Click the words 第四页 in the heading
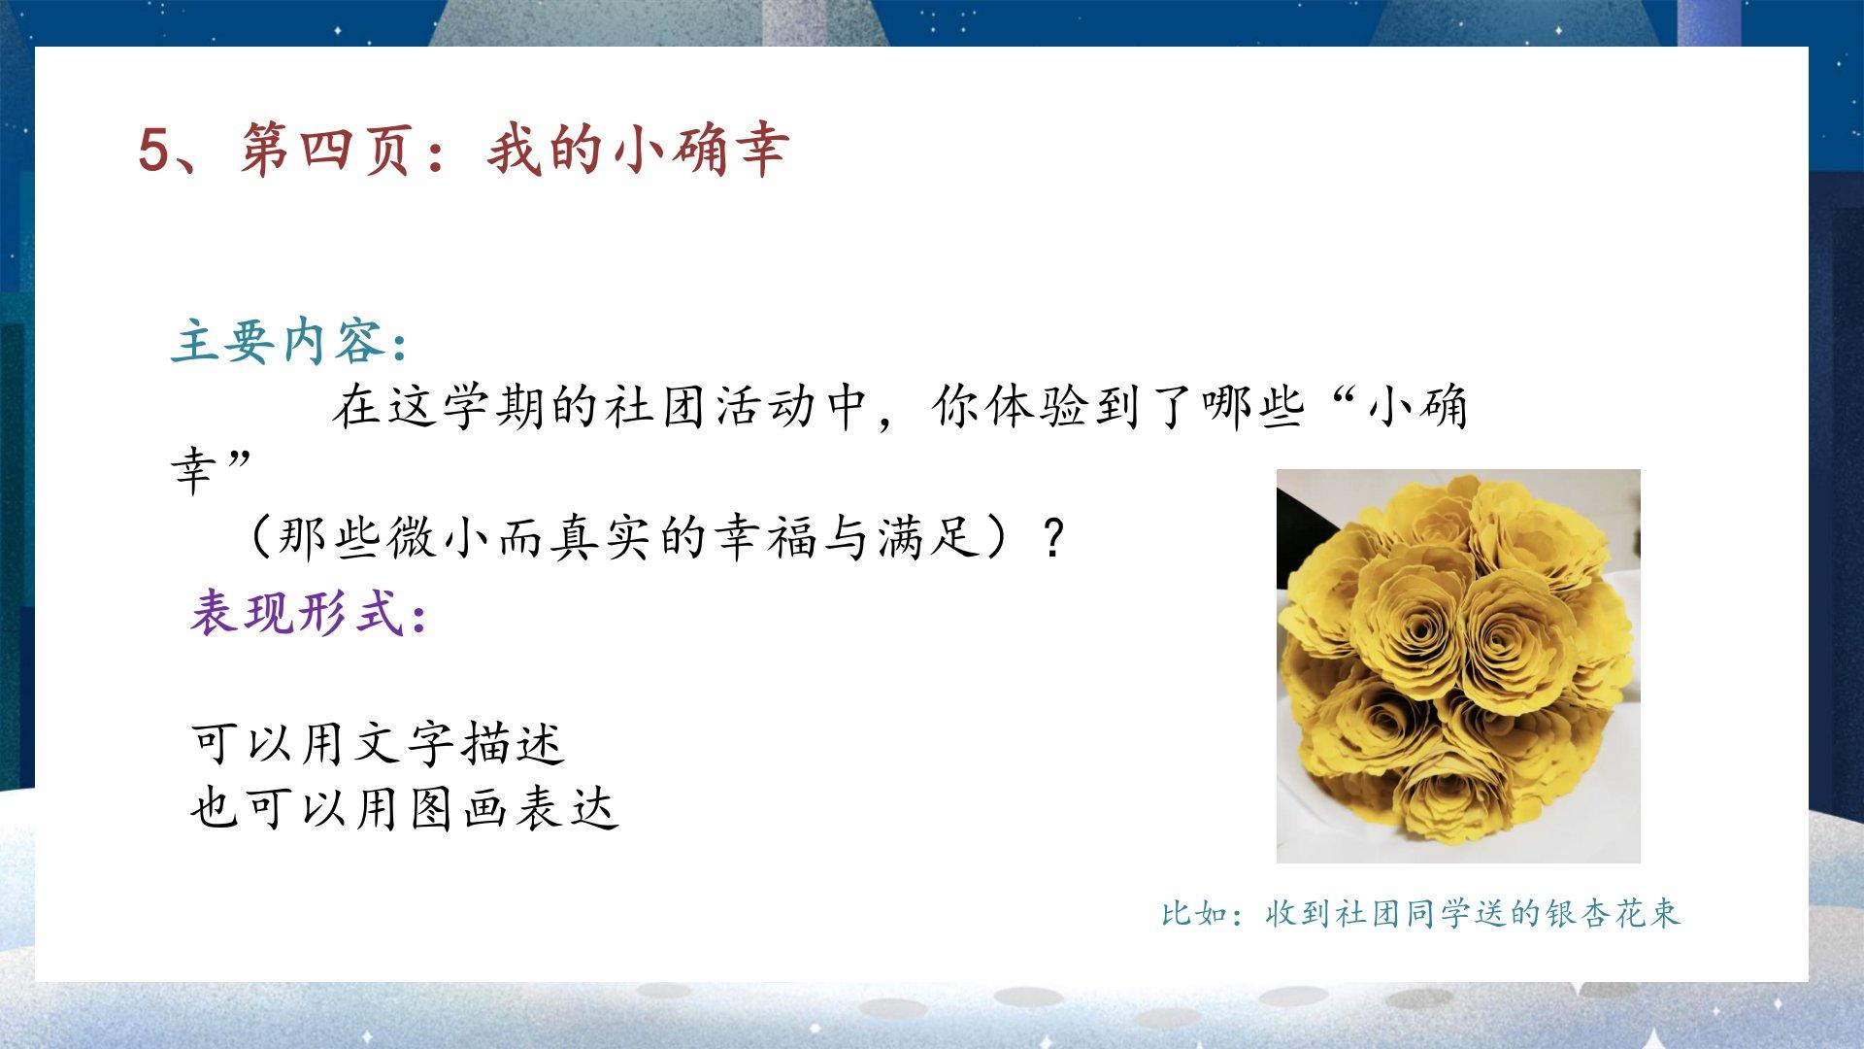[325, 150]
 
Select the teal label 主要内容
[280, 341]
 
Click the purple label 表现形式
[298, 613]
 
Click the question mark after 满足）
[1052, 537]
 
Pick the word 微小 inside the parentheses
[438, 536]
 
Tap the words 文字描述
[458, 744]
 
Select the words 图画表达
[515, 808]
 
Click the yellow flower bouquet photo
[1458, 666]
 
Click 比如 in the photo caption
[1195, 913]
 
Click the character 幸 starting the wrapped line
[194, 472]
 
